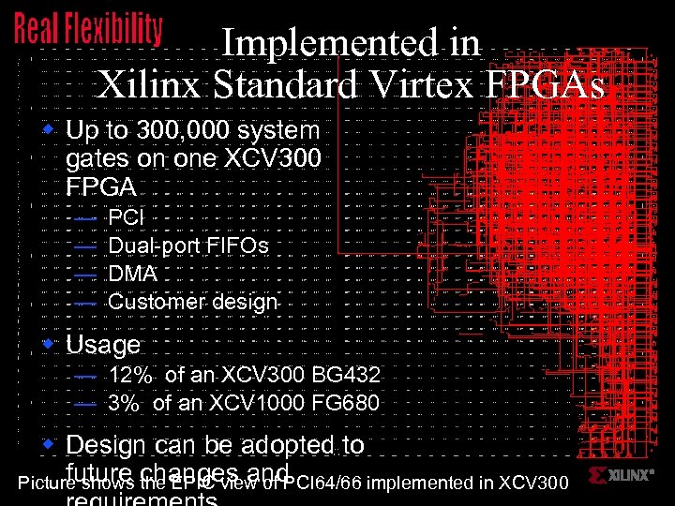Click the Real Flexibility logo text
(88, 29)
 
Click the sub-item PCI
(127, 217)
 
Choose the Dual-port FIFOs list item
(188, 246)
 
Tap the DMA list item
(132, 274)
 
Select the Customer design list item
(193, 302)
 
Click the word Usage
(103, 345)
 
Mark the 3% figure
(127, 404)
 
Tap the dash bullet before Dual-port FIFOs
(84, 246)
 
